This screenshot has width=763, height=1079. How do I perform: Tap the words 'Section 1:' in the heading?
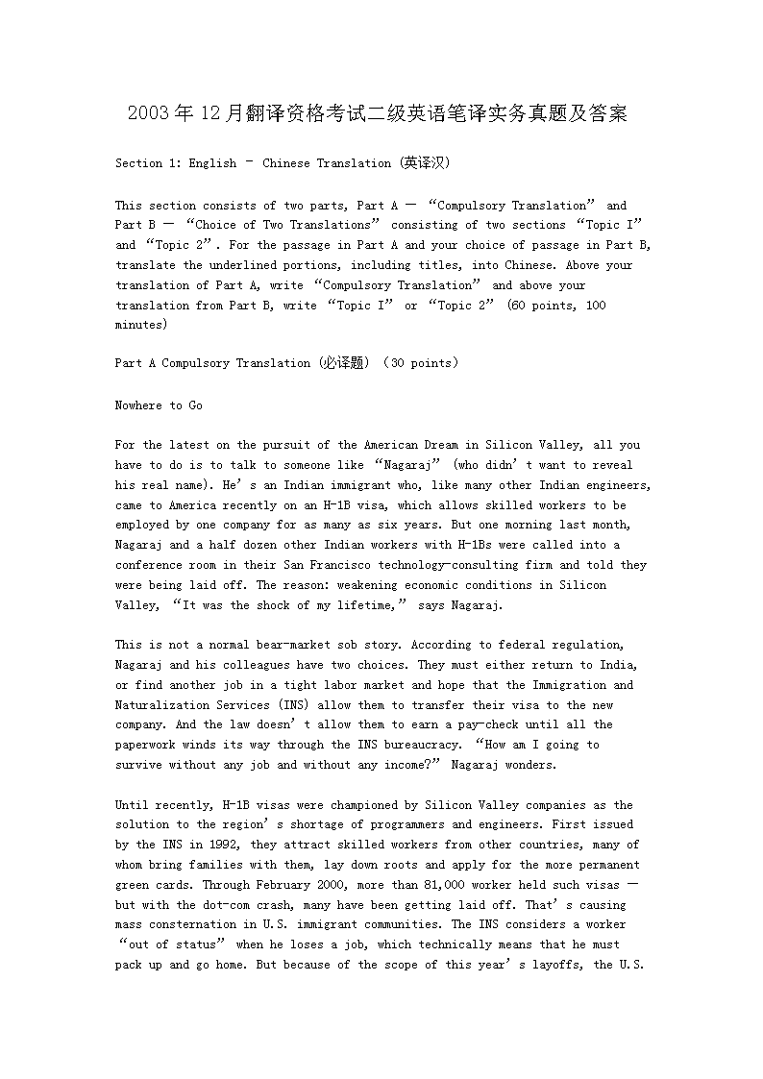[x=148, y=163]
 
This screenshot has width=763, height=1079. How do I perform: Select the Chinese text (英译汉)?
[x=425, y=163]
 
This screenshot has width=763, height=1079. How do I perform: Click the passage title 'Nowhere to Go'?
[x=159, y=405]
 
